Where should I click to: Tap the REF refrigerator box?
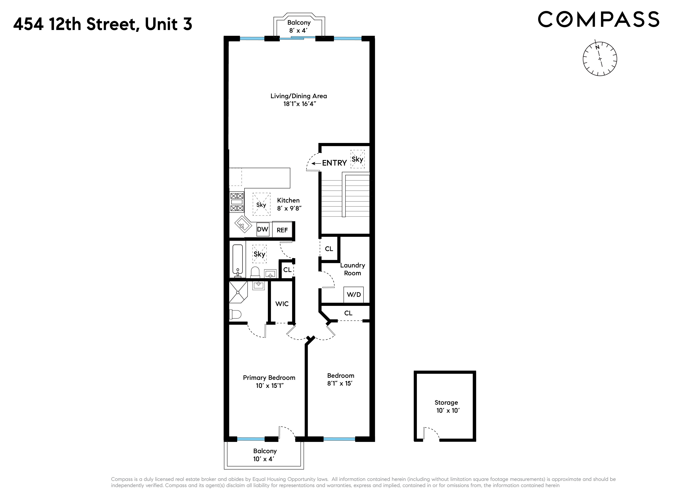[x=282, y=230]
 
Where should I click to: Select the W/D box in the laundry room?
[x=354, y=295]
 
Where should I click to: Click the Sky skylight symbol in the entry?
[x=357, y=159]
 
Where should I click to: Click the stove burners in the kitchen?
[x=236, y=202]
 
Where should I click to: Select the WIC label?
[x=282, y=304]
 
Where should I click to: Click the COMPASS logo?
[x=598, y=20]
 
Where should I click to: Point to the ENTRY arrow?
[x=316, y=163]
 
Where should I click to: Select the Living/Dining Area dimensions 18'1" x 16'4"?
[x=300, y=104]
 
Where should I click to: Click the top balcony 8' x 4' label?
[x=299, y=26]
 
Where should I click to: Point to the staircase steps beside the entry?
[x=331, y=197]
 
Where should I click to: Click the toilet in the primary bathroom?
[x=235, y=314]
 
